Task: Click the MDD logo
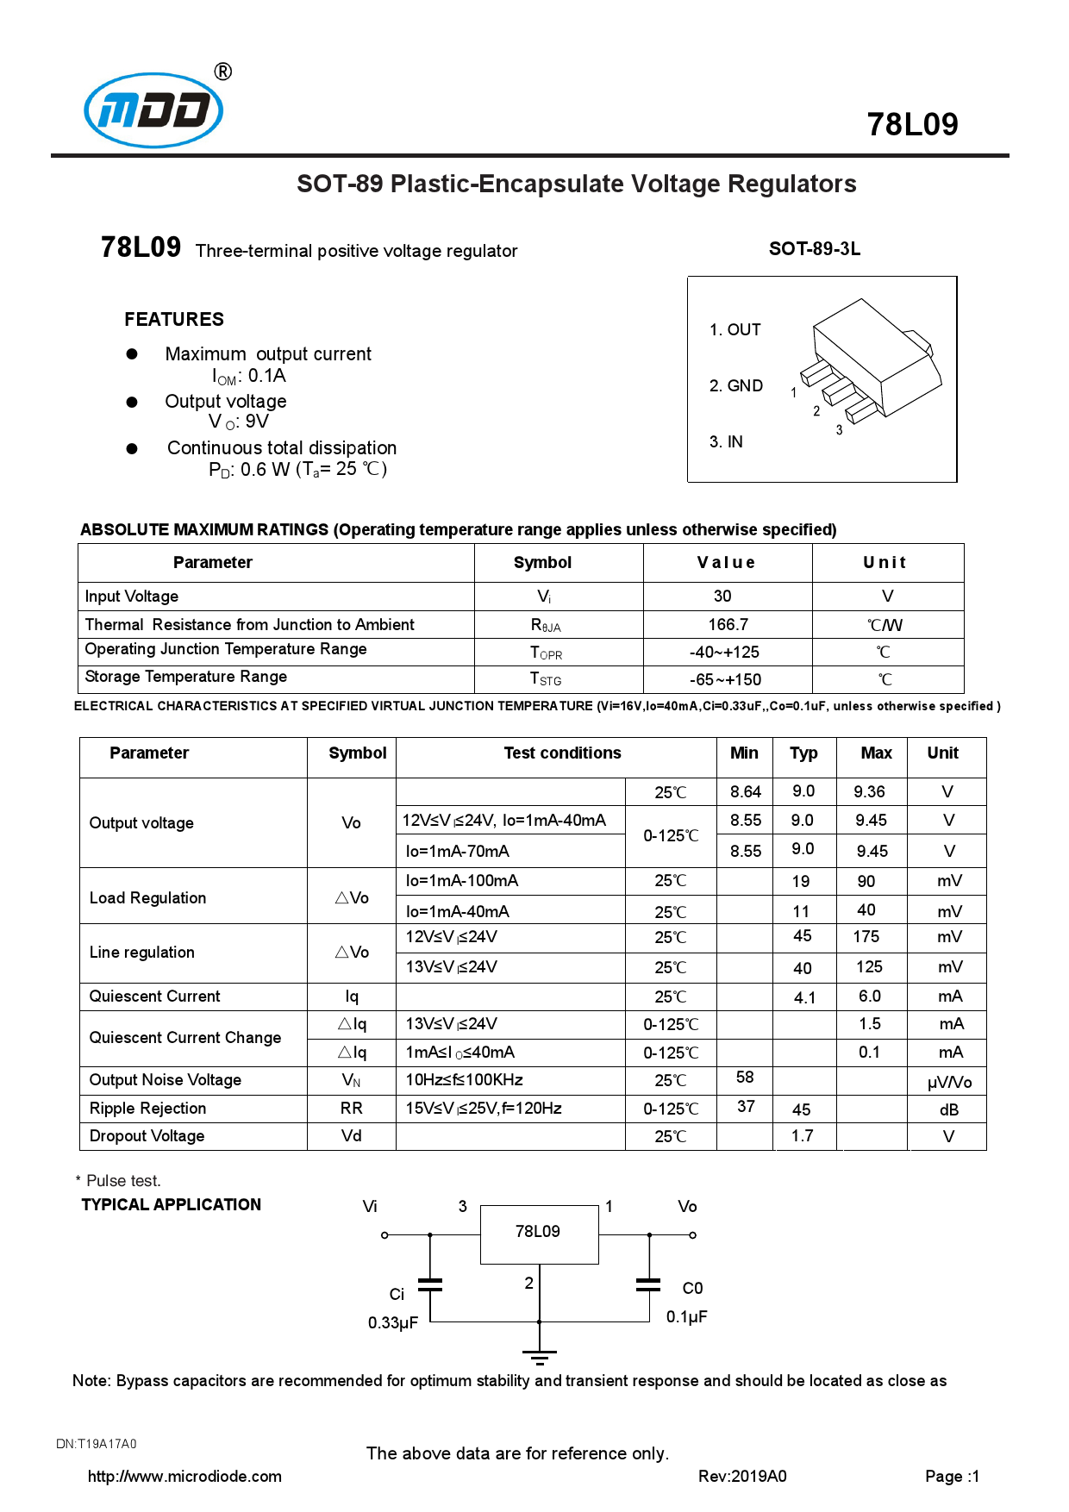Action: coord(154,110)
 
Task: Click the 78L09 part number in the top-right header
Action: coord(912,125)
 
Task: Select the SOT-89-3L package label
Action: coord(814,249)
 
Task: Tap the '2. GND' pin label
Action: coord(735,386)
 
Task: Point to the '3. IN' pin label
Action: coord(726,442)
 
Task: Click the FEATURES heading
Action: coord(174,320)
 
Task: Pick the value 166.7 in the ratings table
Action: coord(728,624)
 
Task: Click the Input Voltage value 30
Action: coord(722,597)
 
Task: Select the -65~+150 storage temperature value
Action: coord(725,680)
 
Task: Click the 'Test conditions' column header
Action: coord(562,753)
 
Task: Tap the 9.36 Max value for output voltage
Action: coord(869,792)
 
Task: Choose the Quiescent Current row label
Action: coord(155,997)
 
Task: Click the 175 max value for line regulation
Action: coord(866,937)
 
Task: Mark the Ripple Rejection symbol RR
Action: coord(351,1109)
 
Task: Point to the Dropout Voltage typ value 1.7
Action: coord(802,1136)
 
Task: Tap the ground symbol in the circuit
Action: coord(540,1357)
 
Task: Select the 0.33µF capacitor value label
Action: coord(393,1323)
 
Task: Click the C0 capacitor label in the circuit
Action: coord(692,1289)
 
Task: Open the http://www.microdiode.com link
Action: coord(184,1477)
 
